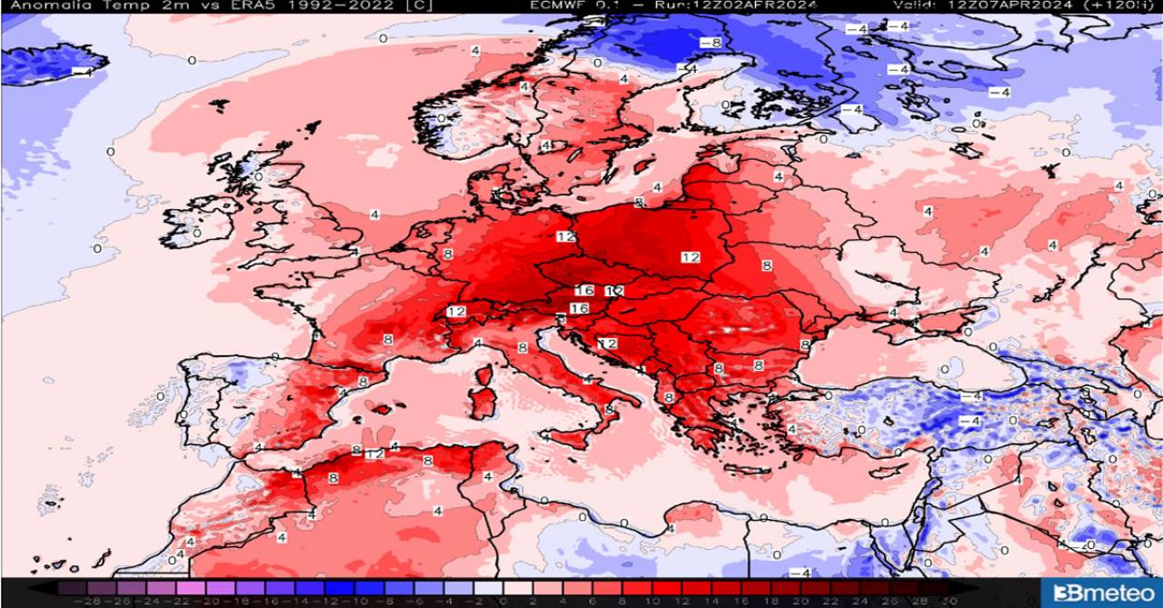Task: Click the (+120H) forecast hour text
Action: point(1128,5)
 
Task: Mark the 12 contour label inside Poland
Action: point(691,257)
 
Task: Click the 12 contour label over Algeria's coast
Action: point(374,454)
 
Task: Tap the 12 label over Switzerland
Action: point(456,312)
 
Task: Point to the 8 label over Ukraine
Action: point(766,265)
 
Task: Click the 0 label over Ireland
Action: point(196,233)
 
